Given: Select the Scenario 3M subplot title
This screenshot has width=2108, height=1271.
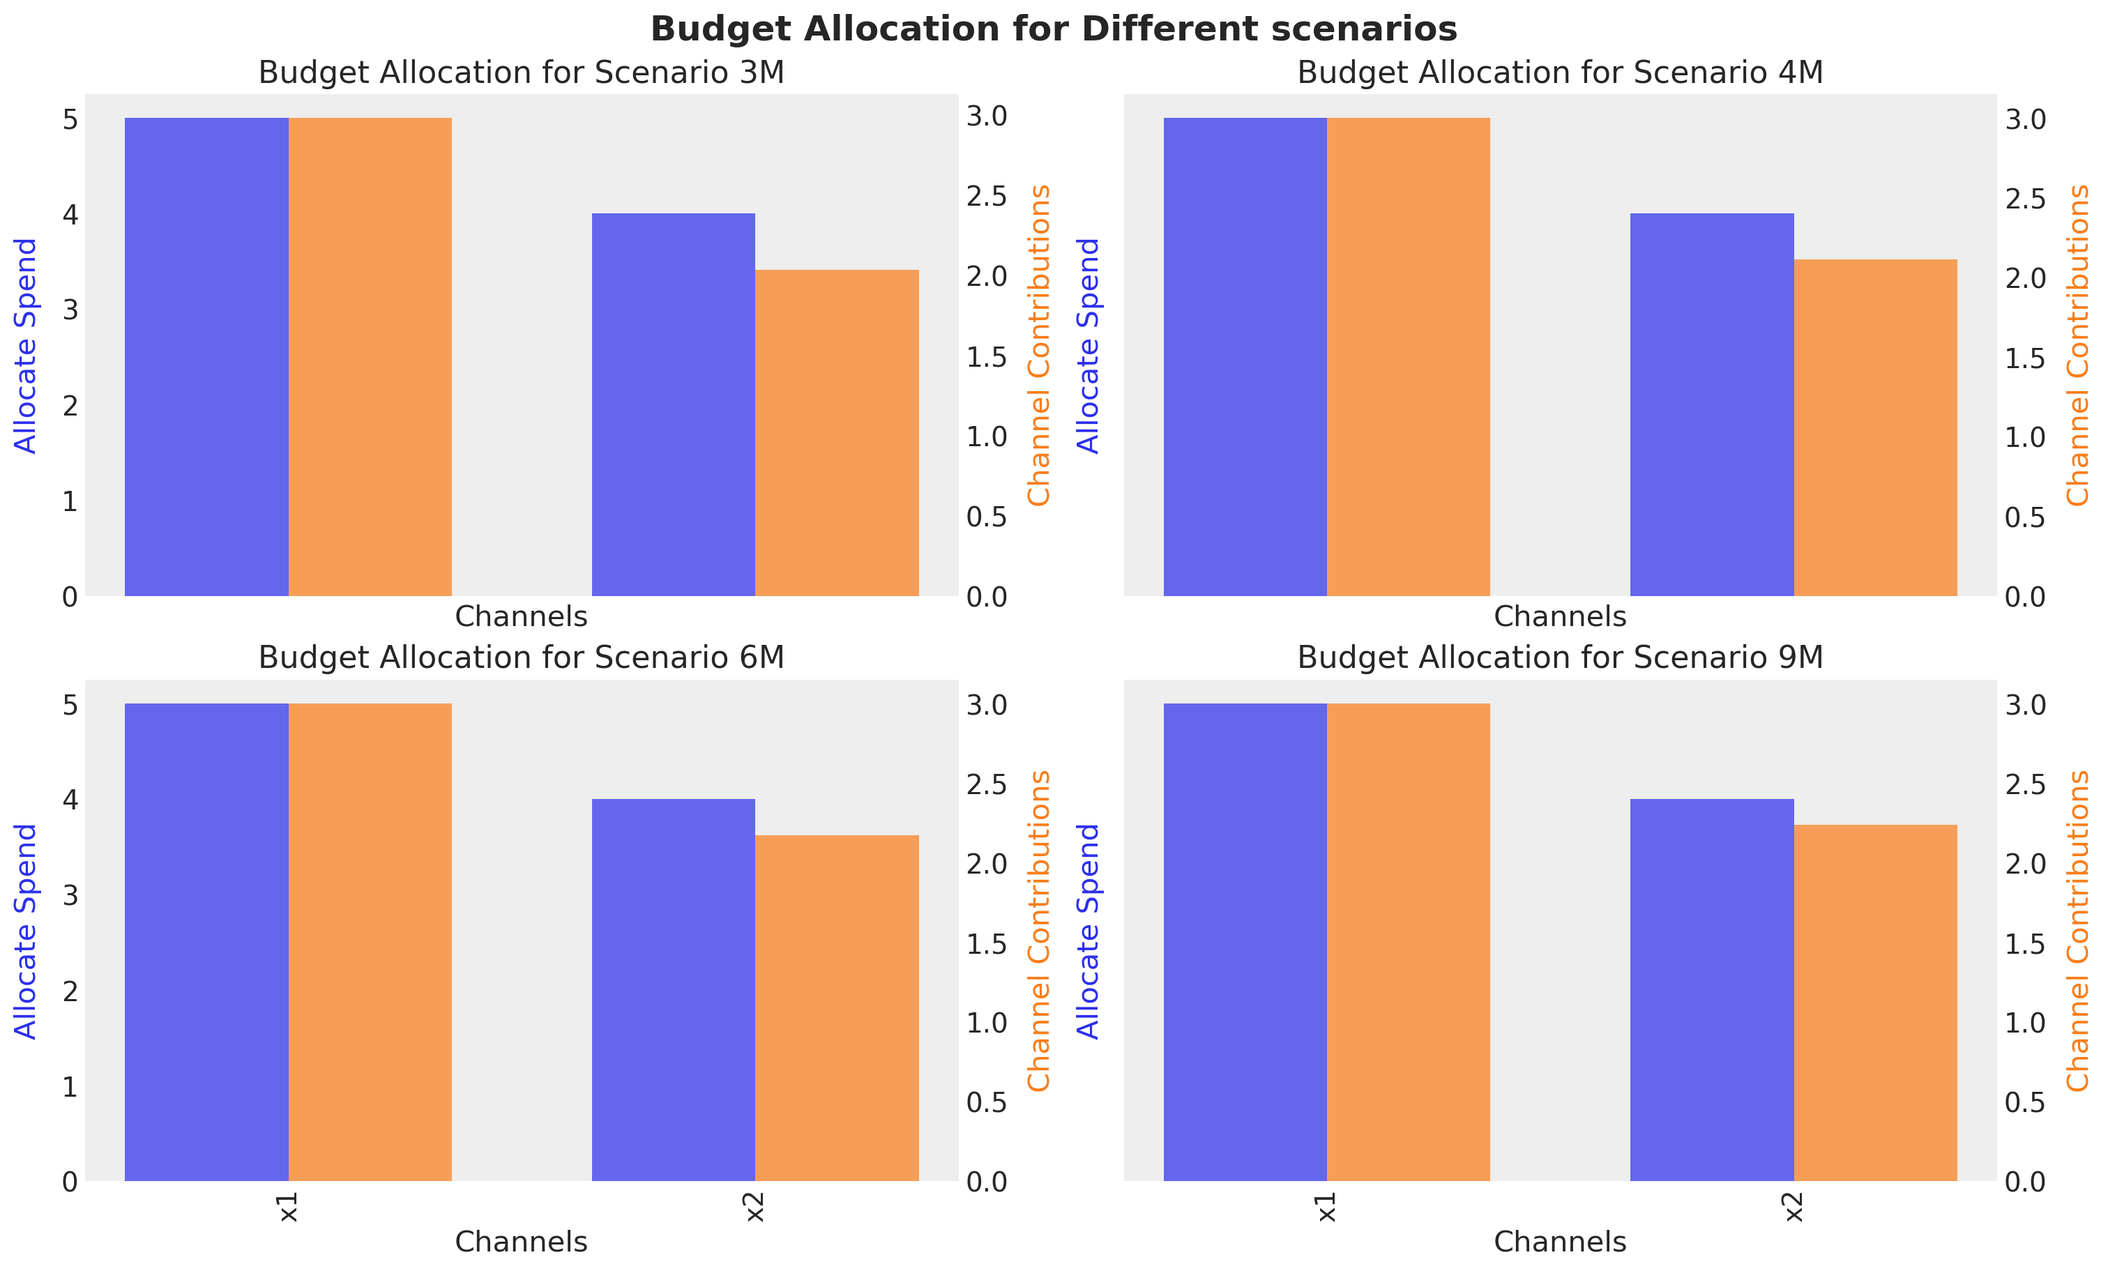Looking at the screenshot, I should [x=521, y=73].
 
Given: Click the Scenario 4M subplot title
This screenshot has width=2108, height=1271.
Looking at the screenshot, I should [x=1560, y=73].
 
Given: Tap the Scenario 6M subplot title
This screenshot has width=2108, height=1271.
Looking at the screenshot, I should [x=521, y=657].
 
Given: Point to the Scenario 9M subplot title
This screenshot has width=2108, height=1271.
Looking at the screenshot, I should [x=1560, y=657].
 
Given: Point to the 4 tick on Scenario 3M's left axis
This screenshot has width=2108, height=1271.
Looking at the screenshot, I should [x=70, y=214].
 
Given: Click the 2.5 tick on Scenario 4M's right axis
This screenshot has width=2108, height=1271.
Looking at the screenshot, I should [x=2025, y=199].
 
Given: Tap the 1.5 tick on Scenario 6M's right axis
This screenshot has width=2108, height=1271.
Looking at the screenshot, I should [x=987, y=944].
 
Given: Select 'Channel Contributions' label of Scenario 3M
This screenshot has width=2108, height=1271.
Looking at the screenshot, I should [x=1038, y=346].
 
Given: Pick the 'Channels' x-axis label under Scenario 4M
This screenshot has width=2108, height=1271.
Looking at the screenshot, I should [x=1560, y=617].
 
